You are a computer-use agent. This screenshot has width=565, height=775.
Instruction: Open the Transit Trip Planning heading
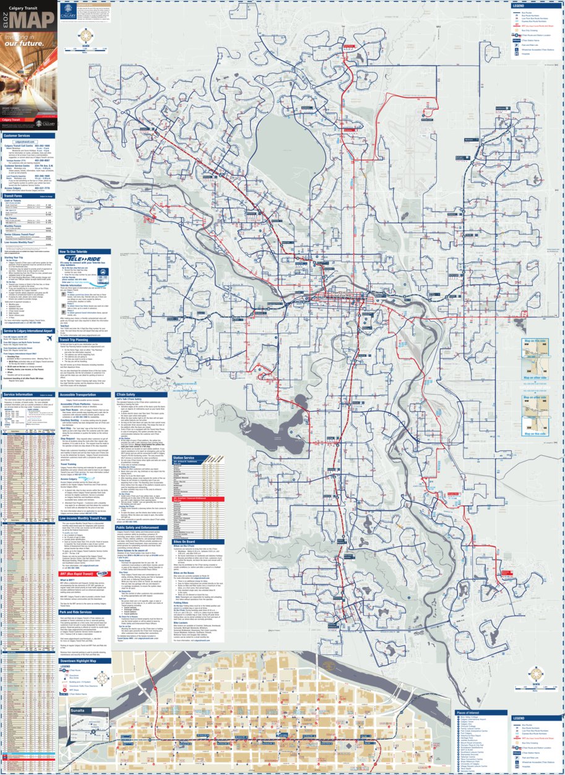click(x=77, y=340)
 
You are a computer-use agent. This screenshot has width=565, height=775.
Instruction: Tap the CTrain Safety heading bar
click(x=126, y=394)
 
